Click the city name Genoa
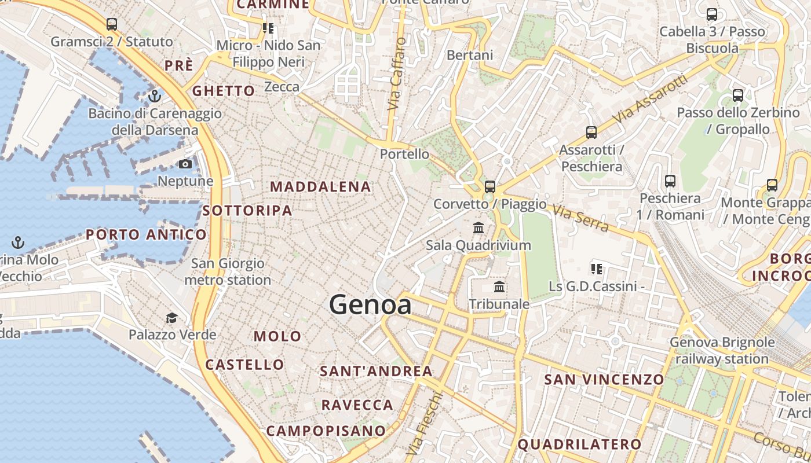(x=370, y=305)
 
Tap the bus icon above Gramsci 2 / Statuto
(x=112, y=24)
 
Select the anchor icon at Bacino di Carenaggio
(x=154, y=95)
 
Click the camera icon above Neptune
(x=185, y=164)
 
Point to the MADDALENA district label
(x=320, y=186)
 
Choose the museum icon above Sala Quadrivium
(x=478, y=228)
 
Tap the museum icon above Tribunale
(x=499, y=287)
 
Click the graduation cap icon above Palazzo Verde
(x=172, y=318)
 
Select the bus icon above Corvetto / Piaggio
(x=490, y=186)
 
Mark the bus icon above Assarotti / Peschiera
(x=591, y=133)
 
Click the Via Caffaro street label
(x=395, y=74)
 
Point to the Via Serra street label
(x=580, y=218)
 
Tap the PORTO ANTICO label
(x=146, y=234)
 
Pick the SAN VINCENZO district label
(x=604, y=380)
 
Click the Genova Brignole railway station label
(x=722, y=350)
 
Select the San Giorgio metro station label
(x=228, y=271)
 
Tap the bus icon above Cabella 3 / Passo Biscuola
(x=712, y=14)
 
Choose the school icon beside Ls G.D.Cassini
(x=597, y=269)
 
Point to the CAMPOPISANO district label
(x=326, y=431)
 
